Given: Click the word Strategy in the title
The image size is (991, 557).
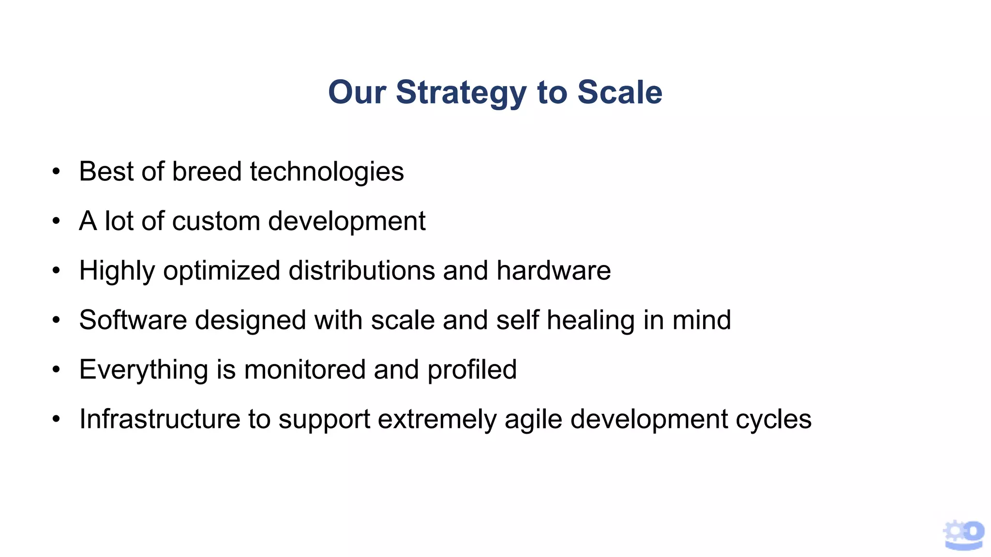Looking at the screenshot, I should [461, 93].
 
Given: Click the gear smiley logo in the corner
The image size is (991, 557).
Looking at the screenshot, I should [963, 535].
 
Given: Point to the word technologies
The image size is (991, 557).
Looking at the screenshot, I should [327, 173].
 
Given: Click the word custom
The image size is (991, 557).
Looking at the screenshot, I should [216, 221].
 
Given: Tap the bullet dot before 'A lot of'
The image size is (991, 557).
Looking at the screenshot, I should [57, 221].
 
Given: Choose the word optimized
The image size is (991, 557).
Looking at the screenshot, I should [222, 271].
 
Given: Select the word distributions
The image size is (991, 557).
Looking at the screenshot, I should [361, 270].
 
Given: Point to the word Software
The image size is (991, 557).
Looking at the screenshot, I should [133, 320].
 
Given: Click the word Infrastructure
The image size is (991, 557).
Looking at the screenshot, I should [160, 419].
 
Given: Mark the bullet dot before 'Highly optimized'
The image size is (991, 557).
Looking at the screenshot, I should [57, 271].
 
